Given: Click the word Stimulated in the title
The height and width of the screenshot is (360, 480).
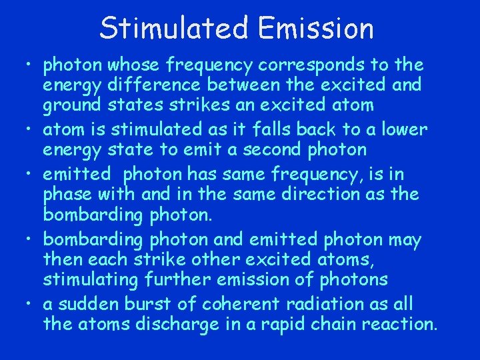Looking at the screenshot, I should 173,28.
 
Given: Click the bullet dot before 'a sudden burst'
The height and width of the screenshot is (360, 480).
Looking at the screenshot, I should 27,304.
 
